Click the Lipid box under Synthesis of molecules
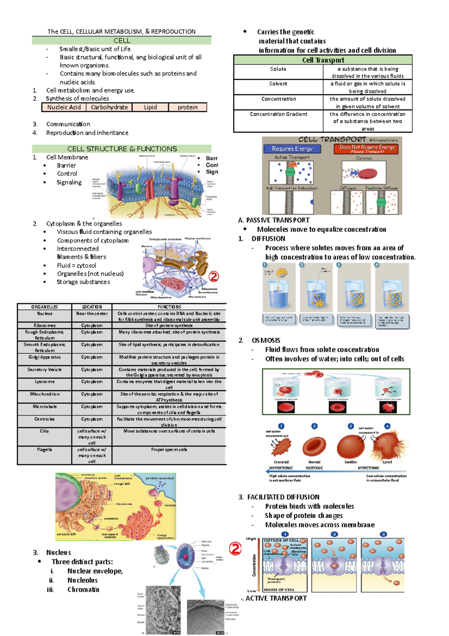coord(150,107)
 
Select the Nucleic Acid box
coord(64,107)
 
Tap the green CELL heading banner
coord(122,40)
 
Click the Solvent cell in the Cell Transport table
coord(278,84)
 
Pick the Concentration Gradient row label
coord(278,114)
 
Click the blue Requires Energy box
coord(292,149)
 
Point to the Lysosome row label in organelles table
coord(44,382)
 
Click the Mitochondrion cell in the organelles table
coord(44,394)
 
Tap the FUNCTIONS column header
coord(169,307)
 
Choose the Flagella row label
coord(44,449)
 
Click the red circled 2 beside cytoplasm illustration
coord(213,276)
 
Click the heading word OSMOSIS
coord(266,340)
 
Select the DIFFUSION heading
coord(268,239)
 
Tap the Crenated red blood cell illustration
coord(281,446)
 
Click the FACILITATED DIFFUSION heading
coord(283,497)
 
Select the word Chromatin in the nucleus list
coord(83,590)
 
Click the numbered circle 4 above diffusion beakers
coord(377,264)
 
